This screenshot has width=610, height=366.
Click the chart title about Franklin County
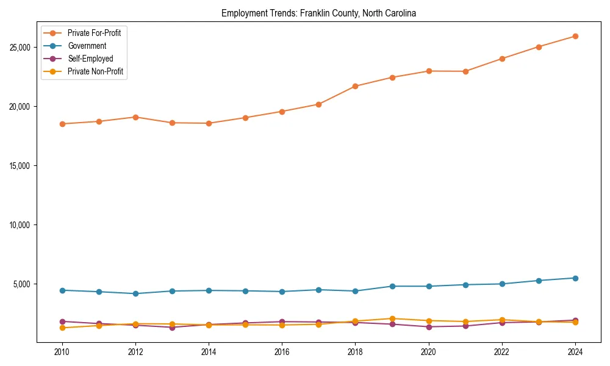pyautogui.click(x=318, y=13)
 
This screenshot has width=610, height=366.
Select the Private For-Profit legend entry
pyautogui.click(x=94, y=33)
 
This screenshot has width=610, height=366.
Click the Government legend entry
pyautogui.click(x=87, y=46)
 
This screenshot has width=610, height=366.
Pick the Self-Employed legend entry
pyautogui.click(x=90, y=59)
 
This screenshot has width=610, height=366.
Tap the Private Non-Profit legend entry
pyautogui.click(x=95, y=71)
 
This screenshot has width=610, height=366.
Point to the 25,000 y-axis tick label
pyautogui.click(x=22, y=48)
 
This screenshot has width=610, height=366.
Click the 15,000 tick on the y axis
pyautogui.click(x=22, y=166)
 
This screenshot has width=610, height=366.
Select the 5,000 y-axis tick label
pyautogui.click(x=24, y=284)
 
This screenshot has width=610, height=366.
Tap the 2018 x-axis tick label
pyautogui.click(x=355, y=352)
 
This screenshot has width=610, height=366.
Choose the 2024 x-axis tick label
pyautogui.click(x=575, y=352)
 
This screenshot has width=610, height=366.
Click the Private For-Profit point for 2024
pyautogui.click(x=575, y=36)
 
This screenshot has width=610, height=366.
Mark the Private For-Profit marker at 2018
pyautogui.click(x=355, y=86)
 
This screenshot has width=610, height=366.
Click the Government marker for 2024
pyautogui.click(x=575, y=278)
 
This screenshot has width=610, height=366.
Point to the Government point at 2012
pyautogui.click(x=135, y=293)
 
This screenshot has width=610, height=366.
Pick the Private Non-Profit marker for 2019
pyautogui.click(x=392, y=318)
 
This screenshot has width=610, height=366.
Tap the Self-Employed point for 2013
pyautogui.click(x=172, y=328)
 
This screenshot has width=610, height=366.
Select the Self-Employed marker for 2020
pyautogui.click(x=429, y=327)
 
